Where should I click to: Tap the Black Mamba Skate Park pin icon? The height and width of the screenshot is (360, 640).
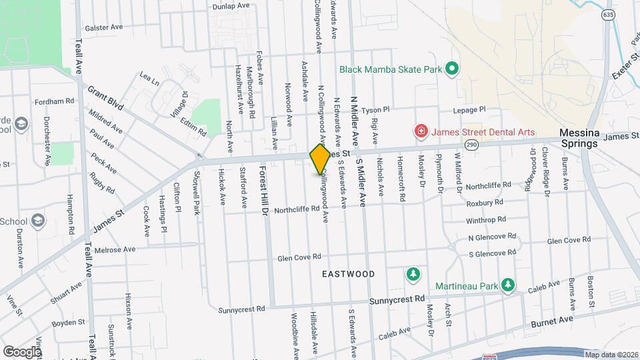[451, 68]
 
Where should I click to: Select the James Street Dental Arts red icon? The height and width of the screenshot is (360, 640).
[421, 131]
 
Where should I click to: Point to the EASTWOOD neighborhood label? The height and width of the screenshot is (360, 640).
[348, 274]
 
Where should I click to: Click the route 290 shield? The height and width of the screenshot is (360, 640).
[472, 145]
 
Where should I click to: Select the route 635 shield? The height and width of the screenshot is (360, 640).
[607, 14]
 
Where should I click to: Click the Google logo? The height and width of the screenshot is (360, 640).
[22, 351]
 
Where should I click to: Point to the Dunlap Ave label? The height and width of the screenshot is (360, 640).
[212, 5]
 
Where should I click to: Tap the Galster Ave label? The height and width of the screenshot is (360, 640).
[105, 27]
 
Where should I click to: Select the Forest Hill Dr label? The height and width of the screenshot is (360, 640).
[263, 190]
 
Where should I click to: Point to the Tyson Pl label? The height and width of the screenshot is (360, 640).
[375, 109]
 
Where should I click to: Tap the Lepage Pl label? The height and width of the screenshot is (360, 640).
[470, 109]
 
